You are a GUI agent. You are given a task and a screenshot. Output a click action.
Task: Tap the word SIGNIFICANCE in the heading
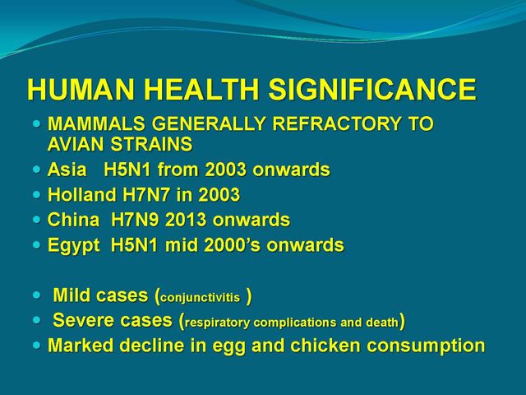[372, 90]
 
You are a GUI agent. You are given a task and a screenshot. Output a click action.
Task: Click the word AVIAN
[76, 145]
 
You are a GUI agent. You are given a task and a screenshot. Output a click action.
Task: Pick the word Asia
[67, 170]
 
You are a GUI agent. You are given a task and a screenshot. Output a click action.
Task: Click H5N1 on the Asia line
[127, 170]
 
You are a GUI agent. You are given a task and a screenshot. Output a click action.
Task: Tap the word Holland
[81, 194]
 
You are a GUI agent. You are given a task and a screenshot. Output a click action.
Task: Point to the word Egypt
[74, 245]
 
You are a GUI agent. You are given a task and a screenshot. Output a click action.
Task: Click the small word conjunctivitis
[201, 298]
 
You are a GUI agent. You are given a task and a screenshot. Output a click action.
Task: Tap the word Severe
[84, 320]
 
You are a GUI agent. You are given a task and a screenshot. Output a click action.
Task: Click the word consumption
[426, 346]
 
